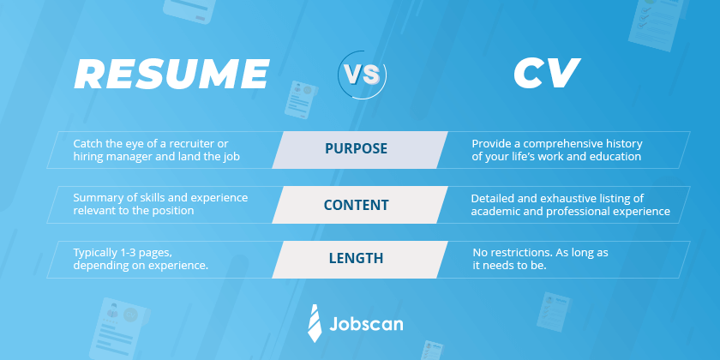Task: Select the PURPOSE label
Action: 356,148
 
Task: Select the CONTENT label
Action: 356,205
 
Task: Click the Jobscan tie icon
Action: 315,323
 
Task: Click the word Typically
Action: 97,251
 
